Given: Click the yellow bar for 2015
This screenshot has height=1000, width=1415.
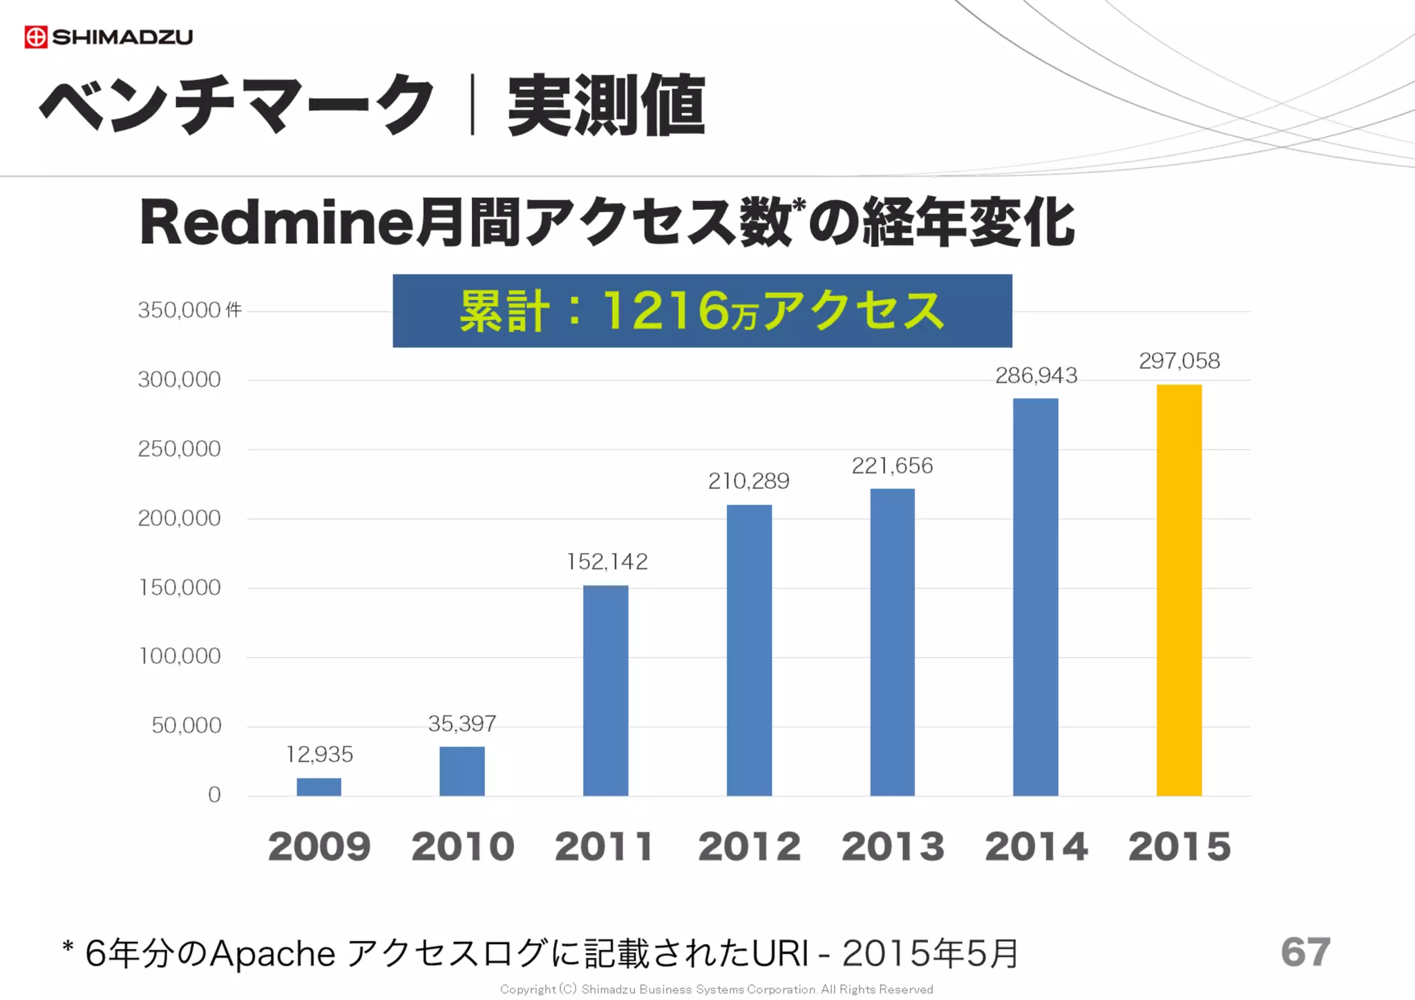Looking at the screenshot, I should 1179,590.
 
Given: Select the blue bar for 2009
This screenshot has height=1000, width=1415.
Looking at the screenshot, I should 319,787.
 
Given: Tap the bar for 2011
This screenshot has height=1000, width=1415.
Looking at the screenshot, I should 605,691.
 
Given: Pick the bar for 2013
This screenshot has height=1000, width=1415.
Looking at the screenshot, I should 892,642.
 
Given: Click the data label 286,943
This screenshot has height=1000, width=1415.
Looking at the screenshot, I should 1036,376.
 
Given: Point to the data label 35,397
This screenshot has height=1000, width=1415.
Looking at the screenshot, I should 462,724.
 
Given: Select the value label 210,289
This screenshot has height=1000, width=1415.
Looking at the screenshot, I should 748,481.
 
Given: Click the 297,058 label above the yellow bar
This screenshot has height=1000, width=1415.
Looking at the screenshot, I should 1179,360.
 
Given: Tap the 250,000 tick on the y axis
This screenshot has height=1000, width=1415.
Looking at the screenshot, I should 179,449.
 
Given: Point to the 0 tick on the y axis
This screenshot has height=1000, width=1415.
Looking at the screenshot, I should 214,795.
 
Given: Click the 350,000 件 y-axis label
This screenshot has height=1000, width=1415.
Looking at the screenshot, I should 189,310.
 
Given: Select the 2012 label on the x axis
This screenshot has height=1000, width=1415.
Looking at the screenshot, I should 749,847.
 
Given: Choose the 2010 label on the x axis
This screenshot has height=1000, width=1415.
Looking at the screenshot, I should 462,847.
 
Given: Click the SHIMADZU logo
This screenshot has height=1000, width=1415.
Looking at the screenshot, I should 108,37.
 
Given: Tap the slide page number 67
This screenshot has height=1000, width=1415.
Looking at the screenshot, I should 1304,952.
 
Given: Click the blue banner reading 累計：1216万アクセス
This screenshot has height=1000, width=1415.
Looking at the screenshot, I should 702,311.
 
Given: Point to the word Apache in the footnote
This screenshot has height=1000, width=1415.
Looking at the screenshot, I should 272,954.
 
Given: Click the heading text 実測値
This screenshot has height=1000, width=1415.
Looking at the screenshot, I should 606,106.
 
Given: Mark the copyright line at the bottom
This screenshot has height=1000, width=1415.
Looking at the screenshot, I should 716,990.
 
